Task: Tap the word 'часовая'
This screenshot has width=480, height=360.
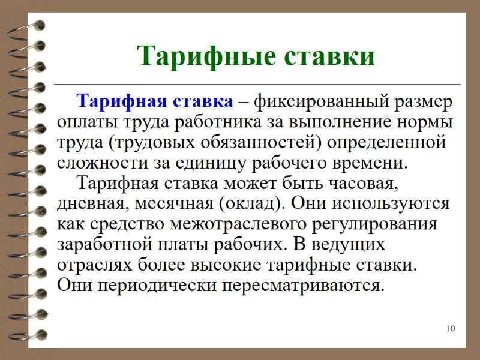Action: click(361, 182)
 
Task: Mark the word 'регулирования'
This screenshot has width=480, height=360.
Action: click(378, 224)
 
